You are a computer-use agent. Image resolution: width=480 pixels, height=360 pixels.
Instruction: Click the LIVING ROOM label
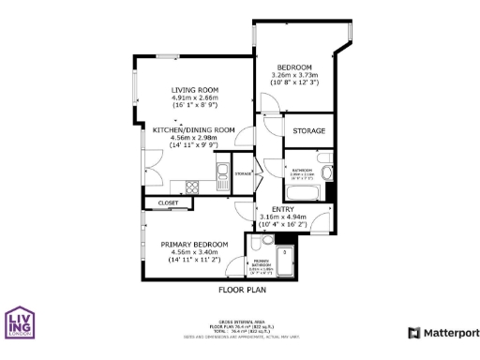194,89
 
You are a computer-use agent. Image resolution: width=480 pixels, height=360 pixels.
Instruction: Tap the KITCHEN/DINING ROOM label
193,129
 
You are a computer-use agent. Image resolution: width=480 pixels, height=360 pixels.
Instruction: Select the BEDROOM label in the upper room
293,67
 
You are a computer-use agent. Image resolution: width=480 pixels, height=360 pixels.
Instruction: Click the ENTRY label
283,208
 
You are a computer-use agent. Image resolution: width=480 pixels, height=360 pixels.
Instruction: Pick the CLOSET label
168,202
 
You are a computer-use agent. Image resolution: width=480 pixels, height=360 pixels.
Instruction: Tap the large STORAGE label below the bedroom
308,129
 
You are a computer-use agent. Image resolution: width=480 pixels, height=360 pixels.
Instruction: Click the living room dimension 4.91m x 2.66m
194,97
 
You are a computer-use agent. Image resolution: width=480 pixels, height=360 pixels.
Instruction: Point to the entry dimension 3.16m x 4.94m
283,217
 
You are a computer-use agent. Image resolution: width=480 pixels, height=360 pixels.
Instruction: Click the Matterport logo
443,333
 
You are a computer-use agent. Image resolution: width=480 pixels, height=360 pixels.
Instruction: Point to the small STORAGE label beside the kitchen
243,174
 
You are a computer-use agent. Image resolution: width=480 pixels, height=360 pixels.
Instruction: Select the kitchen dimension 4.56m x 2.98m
193,138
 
